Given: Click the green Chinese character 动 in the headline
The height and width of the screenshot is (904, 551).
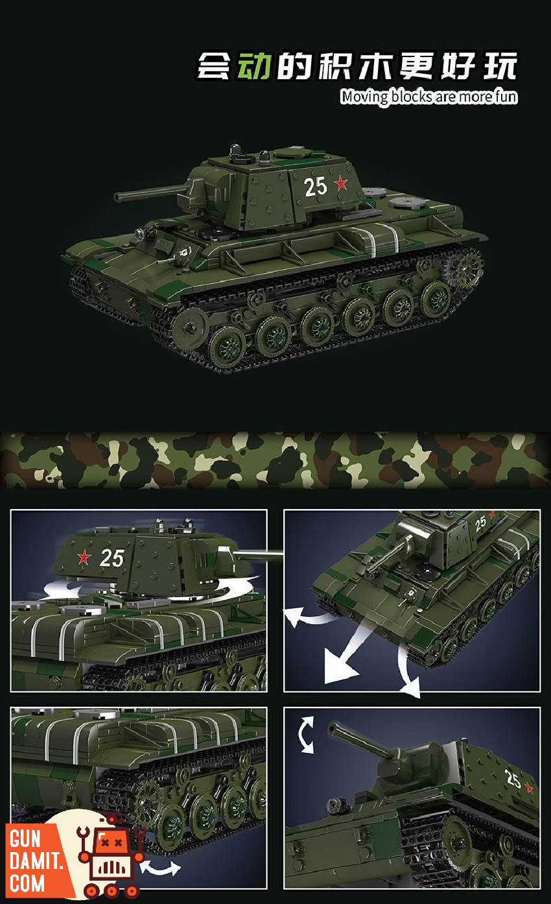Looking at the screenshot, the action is [253, 65].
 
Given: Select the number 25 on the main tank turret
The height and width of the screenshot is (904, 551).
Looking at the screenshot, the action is [315, 187].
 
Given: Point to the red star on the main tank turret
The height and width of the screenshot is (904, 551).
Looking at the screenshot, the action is [341, 184].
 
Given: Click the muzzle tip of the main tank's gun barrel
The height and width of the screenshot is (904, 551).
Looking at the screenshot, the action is [117, 198].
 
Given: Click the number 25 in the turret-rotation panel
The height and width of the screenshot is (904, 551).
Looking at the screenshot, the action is [111, 558].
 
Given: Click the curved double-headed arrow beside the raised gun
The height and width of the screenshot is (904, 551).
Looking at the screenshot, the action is [306, 735].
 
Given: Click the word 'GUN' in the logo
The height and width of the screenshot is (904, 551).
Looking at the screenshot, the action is [25, 839].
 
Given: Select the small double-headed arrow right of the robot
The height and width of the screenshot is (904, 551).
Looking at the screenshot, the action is [161, 868].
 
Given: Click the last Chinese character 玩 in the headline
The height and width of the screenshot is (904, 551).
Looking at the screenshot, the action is [500, 65].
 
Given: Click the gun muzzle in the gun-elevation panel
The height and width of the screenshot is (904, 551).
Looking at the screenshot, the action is [333, 728].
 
